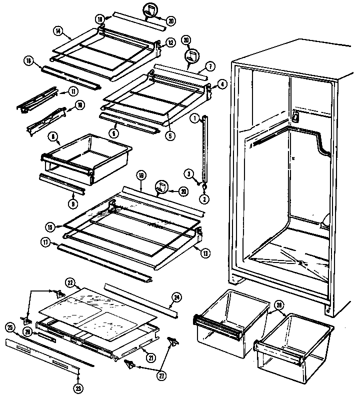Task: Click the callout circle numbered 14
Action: pyautogui.click(x=58, y=31)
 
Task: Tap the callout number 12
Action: pyautogui.click(x=170, y=43)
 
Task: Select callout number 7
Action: pyautogui.click(x=210, y=65)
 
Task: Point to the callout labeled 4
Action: pyautogui.click(x=222, y=84)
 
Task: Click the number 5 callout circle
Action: pyautogui.click(x=171, y=134)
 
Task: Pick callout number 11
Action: pyautogui.click(x=73, y=91)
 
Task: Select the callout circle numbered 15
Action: pyautogui.click(x=50, y=226)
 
